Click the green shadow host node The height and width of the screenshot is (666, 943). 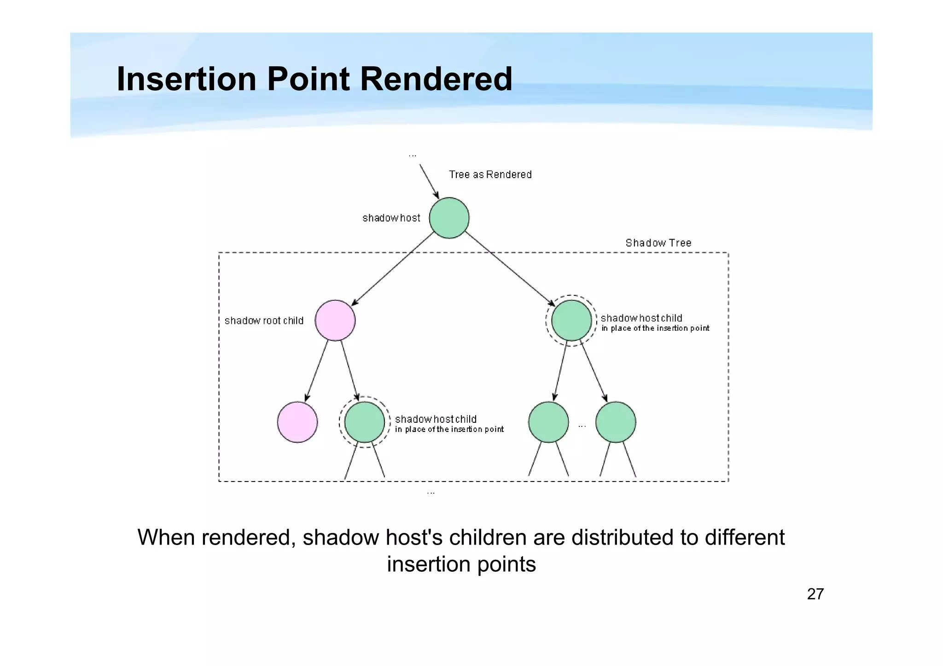(449, 218)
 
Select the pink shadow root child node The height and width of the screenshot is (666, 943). (335, 320)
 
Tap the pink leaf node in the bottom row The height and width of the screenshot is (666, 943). (297, 422)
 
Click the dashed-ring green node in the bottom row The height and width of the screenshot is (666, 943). (364, 422)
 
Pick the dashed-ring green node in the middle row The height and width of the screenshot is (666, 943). (571, 320)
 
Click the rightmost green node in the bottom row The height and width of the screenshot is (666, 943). (615, 422)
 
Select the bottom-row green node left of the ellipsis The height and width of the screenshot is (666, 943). (548, 422)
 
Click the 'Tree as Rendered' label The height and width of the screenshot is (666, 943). (490, 175)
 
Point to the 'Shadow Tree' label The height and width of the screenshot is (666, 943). (658, 243)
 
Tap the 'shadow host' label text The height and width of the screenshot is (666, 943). (391, 218)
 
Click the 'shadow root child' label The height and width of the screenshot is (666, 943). (264, 321)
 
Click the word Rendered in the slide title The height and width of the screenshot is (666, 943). (436, 79)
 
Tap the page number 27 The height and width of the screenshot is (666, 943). (815, 594)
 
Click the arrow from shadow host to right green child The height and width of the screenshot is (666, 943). (509, 268)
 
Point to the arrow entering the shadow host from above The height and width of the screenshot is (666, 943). (429, 181)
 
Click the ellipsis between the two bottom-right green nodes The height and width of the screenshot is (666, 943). (582, 426)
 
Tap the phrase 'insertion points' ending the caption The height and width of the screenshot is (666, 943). (461, 564)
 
